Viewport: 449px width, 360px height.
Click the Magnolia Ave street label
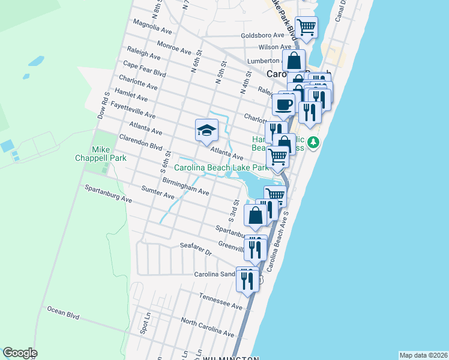tap(152, 28)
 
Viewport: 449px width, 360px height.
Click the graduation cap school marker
tap(206, 130)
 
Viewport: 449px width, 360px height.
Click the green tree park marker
tap(313, 143)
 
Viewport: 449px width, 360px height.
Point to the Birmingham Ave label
tap(185, 185)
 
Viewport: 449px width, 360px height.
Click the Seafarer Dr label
tap(196, 249)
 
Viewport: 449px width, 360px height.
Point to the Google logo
tap(20, 353)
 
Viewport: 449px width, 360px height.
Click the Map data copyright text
tap(423, 355)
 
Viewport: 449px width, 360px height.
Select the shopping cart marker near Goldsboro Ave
tap(306, 28)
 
